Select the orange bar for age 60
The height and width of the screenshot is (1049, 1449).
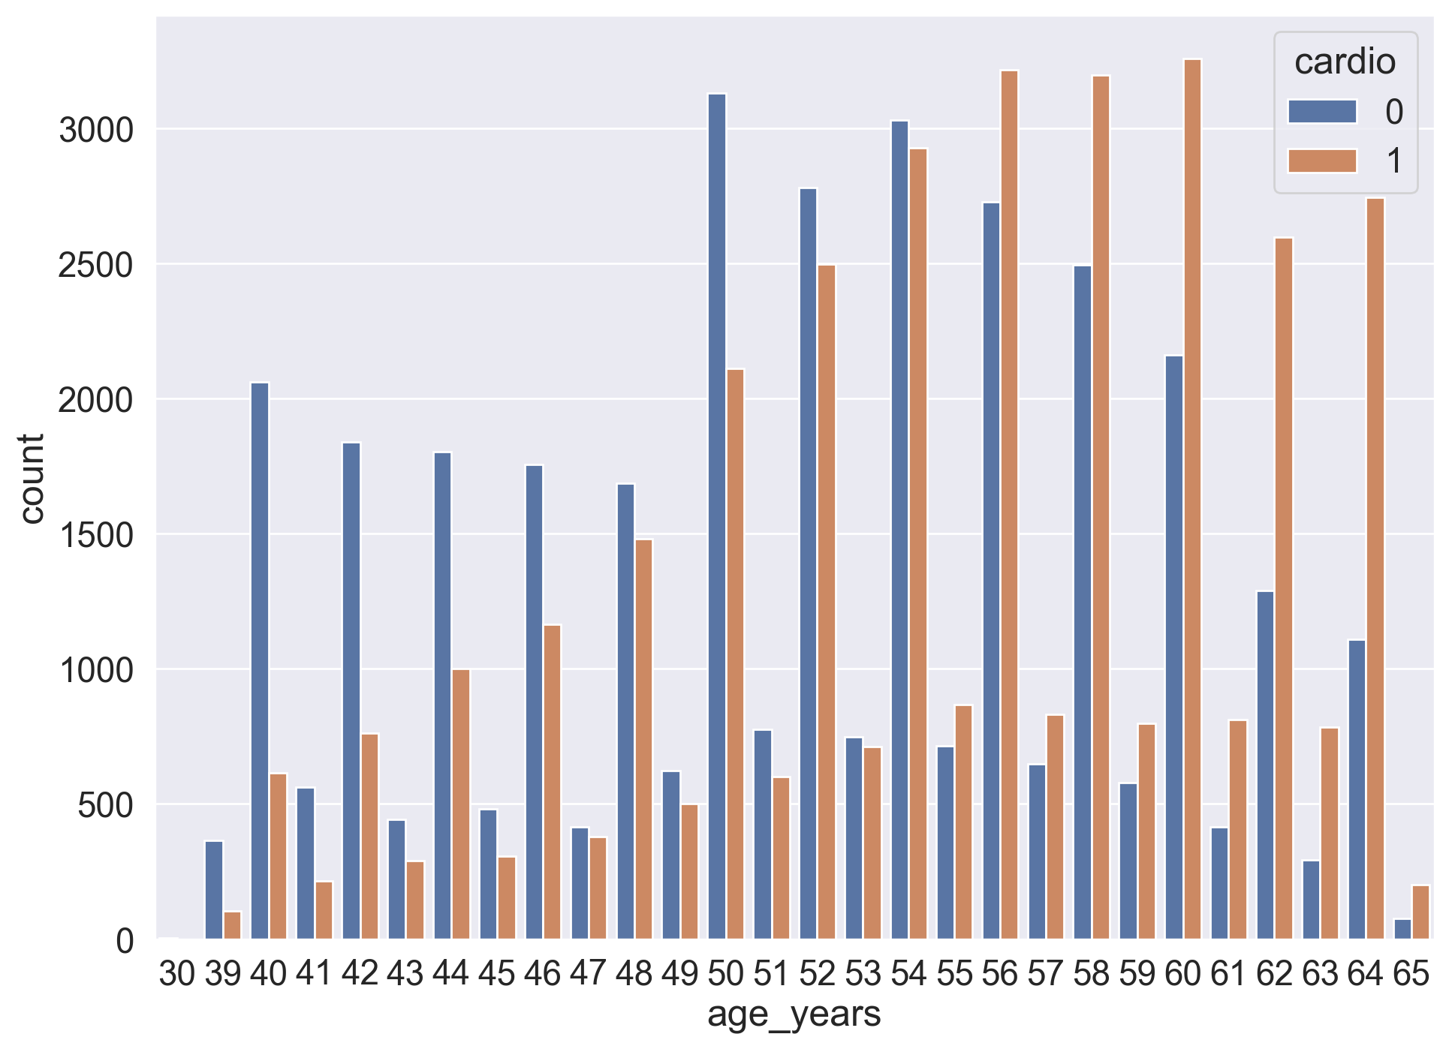(x=1192, y=499)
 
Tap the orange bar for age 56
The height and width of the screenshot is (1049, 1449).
(x=1009, y=504)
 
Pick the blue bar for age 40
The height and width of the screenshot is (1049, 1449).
(x=260, y=660)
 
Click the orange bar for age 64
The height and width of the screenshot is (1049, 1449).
(x=1375, y=568)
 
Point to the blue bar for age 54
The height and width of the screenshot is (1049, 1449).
(x=899, y=529)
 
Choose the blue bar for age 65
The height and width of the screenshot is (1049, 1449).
(x=1402, y=928)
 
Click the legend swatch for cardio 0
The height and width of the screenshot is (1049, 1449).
(x=1322, y=112)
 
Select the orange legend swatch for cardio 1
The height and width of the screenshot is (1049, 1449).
(x=1322, y=161)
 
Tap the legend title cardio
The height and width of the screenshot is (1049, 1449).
(x=1345, y=62)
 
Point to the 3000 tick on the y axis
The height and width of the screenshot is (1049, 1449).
(x=96, y=131)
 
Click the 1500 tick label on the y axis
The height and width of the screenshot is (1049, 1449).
(x=96, y=535)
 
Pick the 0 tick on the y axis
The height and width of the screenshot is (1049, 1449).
(x=125, y=940)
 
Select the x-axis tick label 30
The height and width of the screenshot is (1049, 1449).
(x=177, y=974)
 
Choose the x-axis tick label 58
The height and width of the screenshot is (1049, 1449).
(x=1091, y=974)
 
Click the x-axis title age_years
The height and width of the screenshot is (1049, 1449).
(x=794, y=1014)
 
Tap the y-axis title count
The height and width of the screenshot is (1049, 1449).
(x=32, y=478)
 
